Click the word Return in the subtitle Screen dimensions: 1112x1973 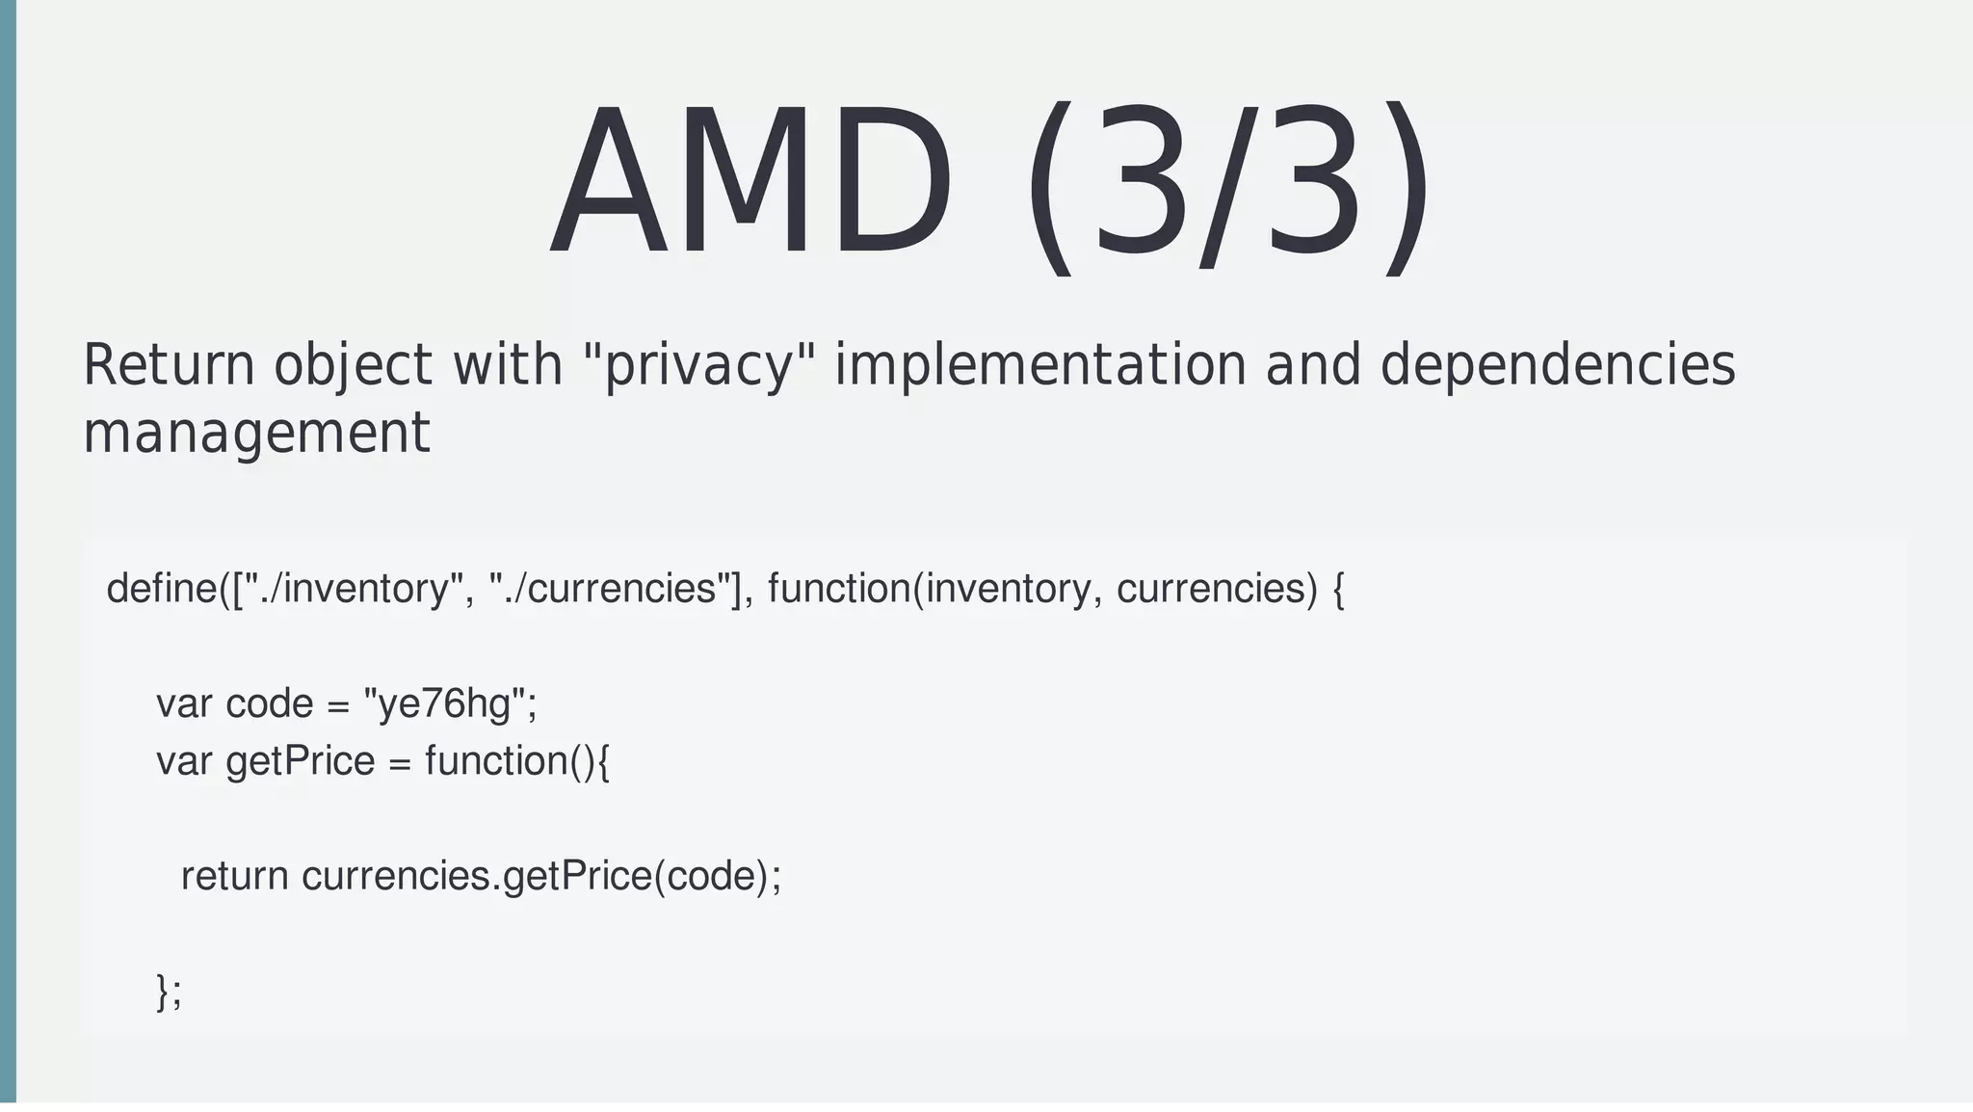pos(169,365)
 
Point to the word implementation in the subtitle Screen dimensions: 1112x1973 pos(1039,365)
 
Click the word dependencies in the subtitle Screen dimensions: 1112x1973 pos(1557,365)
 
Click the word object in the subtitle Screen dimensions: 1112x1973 pos(353,365)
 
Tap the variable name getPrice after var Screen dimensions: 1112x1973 pos(300,761)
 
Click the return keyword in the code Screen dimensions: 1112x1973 pos(234,876)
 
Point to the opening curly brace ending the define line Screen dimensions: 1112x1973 pos(1337,588)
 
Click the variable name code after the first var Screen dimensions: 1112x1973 pos(269,703)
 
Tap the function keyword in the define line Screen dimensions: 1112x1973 pos(839,588)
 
